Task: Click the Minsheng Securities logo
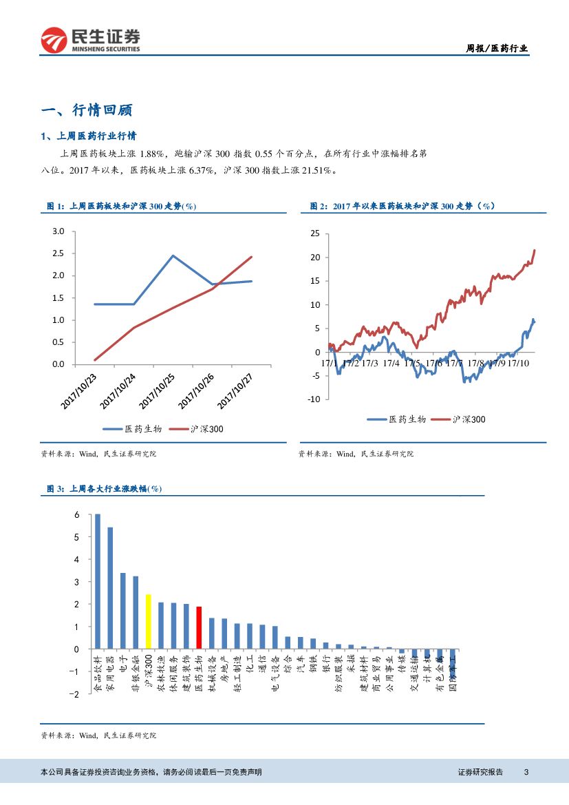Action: point(90,41)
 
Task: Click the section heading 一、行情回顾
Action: point(87,110)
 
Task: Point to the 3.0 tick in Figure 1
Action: point(58,231)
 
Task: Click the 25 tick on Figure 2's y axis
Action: point(315,233)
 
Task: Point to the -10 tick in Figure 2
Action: point(313,399)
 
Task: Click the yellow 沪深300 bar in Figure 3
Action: point(148,622)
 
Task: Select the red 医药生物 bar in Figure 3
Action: point(199,627)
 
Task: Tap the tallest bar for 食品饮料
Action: point(98,581)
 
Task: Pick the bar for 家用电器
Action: point(110,588)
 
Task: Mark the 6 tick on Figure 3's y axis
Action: point(78,515)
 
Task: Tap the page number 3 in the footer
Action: point(526,772)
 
